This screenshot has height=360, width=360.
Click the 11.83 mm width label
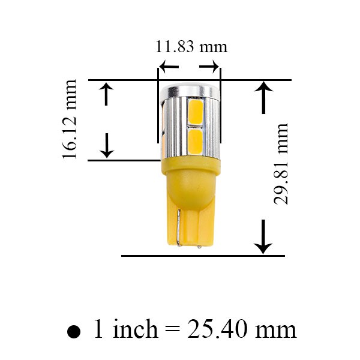click(191, 47)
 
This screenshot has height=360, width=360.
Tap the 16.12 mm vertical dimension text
click(69, 119)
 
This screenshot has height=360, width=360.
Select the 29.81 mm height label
click(281, 164)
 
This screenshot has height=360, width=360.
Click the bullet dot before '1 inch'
click(74, 332)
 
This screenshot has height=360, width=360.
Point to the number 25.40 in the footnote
click(217, 329)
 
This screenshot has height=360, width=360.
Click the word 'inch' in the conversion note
click(136, 328)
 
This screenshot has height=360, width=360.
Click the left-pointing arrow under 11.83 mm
click(169, 67)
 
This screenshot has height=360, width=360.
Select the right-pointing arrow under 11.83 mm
click(209, 67)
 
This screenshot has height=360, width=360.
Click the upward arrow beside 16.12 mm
click(106, 94)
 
